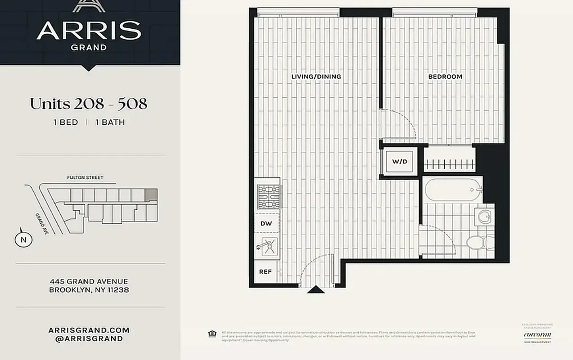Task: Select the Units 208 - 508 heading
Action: tap(89, 104)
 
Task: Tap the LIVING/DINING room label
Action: tap(316, 76)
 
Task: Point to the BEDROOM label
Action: tap(445, 76)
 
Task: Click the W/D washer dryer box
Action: tap(400, 161)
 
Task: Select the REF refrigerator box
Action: tap(266, 272)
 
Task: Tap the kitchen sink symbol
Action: tap(267, 247)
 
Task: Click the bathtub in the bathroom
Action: tap(452, 189)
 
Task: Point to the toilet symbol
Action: tap(478, 243)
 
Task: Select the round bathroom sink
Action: tap(485, 216)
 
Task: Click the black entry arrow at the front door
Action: tap(316, 290)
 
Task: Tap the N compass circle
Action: tap(23, 240)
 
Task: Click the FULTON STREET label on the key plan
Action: tap(85, 178)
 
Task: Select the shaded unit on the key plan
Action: tap(152, 194)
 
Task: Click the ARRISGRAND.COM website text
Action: tap(89, 330)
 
